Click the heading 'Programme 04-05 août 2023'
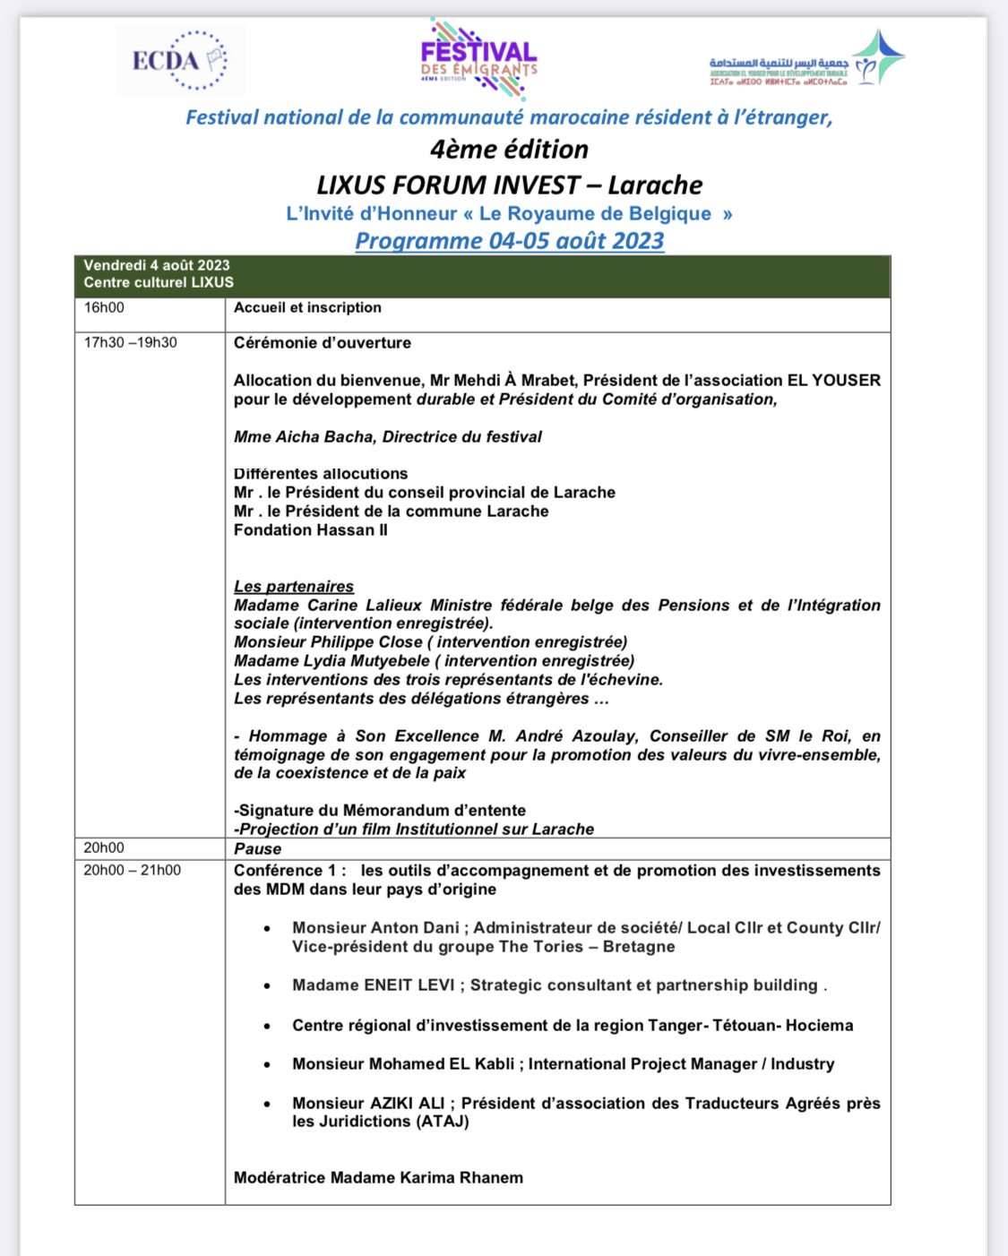(x=509, y=241)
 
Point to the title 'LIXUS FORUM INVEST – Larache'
(x=509, y=185)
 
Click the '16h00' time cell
(x=105, y=308)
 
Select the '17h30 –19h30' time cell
(x=131, y=343)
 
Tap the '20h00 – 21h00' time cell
(x=133, y=871)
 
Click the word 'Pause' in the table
(x=258, y=849)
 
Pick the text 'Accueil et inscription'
(x=307, y=308)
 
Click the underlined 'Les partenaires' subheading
(x=294, y=587)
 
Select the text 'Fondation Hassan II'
(x=311, y=530)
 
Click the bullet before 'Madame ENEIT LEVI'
(x=267, y=986)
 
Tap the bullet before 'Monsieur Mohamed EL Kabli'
(x=267, y=1065)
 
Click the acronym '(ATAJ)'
(x=443, y=1122)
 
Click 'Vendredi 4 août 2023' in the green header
(x=157, y=266)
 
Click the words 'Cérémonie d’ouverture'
(x=323, y=343)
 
